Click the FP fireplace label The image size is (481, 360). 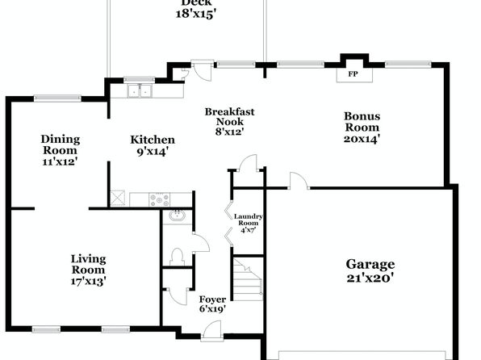pos(353,74)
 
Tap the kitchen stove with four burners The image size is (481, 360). pos(160,199)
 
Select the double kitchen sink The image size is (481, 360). pos(140,91)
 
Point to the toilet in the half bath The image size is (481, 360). pos(177,257)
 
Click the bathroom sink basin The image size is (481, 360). pos(178,216)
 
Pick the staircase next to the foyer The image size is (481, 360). pos(248,279)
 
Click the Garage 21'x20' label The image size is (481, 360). pos(370,270)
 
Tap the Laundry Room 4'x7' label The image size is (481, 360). pos(249,223)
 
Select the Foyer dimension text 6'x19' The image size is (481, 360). pos(212,309)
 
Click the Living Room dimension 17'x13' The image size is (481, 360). pos(88,281)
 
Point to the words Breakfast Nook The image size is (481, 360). pos(230,116)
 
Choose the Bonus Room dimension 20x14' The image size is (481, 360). pos(362,139)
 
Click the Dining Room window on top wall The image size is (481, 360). pos(57,98)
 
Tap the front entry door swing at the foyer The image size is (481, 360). pos(212,330)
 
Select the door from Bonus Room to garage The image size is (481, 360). pos(299,180)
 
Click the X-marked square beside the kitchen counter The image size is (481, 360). pos(118,199)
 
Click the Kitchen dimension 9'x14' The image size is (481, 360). pos(153,152)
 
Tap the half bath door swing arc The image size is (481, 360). pos(202,243)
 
